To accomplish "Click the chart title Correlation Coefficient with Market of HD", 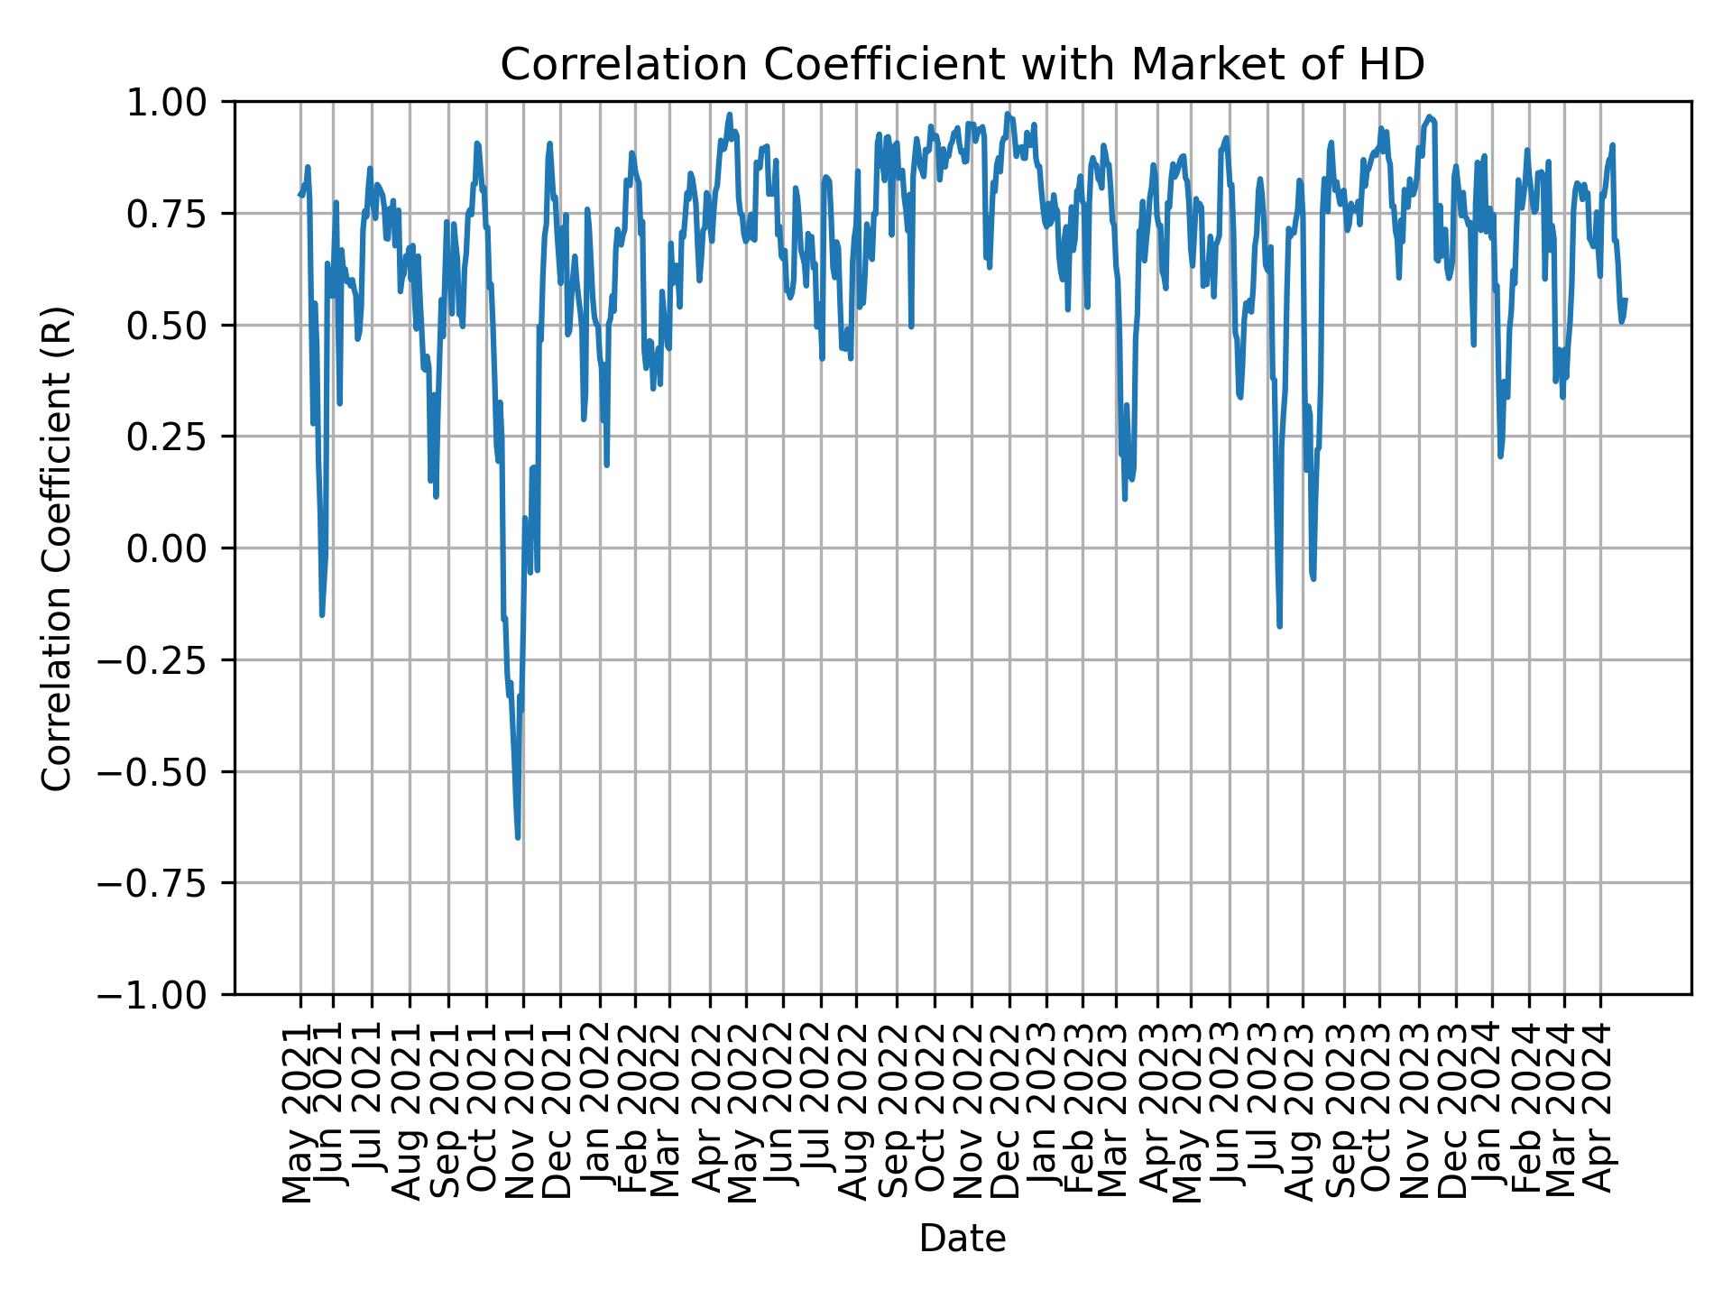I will tap(963, 65).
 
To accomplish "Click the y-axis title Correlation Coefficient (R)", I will tap(56, 548).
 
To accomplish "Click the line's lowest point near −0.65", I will tap(518, 837).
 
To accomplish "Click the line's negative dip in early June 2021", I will tap(322, 614).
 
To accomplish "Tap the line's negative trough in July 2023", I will tap(1279, 625).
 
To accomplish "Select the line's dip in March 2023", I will tap(1125, 498).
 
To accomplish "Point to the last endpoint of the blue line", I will tap(1626, 299).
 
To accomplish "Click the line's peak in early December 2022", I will tap(1008, 115).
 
